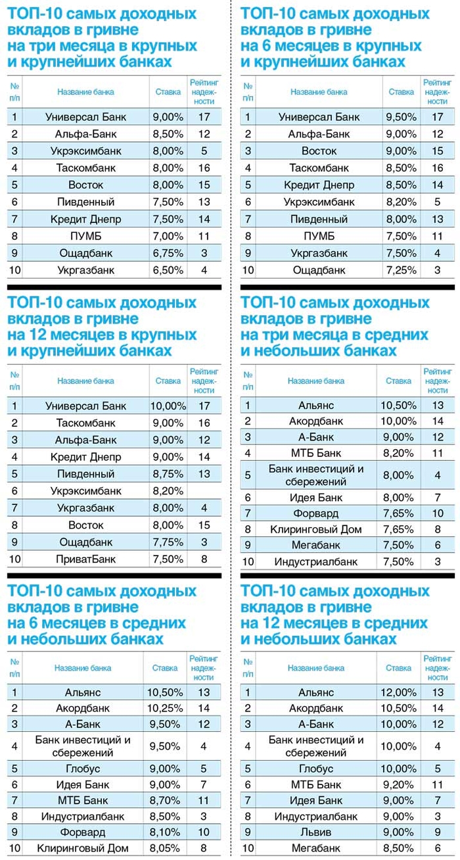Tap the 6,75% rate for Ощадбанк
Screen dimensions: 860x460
pos(168,253)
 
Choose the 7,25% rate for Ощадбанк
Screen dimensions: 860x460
pos(402,270)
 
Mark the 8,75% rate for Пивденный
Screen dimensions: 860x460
pos(168,474)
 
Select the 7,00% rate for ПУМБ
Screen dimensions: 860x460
pos(168,236)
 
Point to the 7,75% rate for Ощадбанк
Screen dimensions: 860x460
pos(168,542)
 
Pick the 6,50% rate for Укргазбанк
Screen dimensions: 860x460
pos(168,270)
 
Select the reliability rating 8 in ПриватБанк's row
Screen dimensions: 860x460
pos(204,560)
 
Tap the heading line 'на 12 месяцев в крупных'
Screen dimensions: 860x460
pos(102,335)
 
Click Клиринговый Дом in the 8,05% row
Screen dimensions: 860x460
pos(83,848)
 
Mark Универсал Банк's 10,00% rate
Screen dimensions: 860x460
pos(168,406)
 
